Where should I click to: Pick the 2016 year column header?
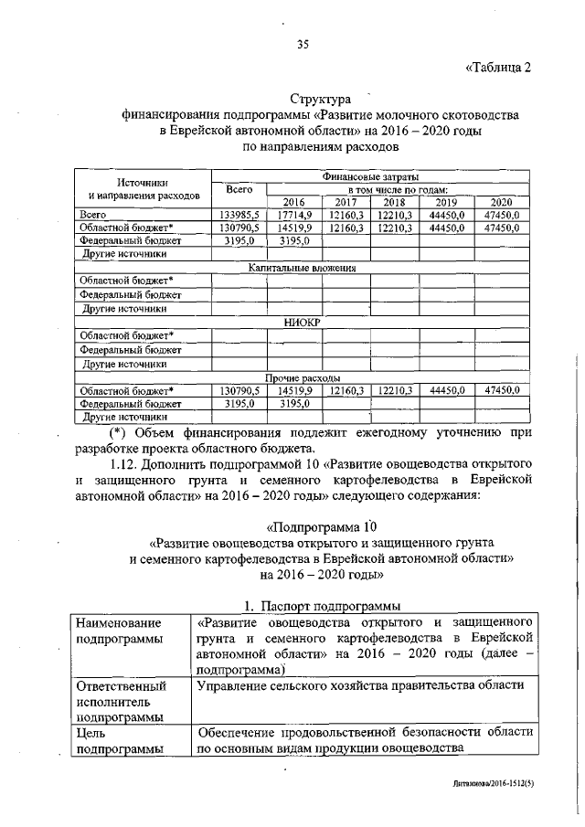pyautogui.click(x=293, y=202)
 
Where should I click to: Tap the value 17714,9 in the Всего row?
pyautogui.click(x=294, y=215)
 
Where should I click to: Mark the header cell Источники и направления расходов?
pyautogui.click(x=143, y=189)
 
